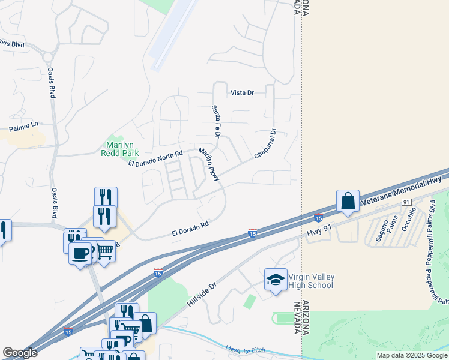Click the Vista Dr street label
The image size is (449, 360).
click(243, 93)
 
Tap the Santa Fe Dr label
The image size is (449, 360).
click(215, 119)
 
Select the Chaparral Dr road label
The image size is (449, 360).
click(264, 144)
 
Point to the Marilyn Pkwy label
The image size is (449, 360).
click(209, 164)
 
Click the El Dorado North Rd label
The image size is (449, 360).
click(155, 159)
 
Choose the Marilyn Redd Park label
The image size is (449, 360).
click(122, 149)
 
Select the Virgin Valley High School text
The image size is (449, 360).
click(311, 281)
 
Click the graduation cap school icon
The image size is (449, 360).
click(276, 280)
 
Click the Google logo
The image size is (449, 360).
click(20, 353)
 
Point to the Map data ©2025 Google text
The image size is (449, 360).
click(411, 355)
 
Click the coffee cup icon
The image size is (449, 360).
click(80, 253)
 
